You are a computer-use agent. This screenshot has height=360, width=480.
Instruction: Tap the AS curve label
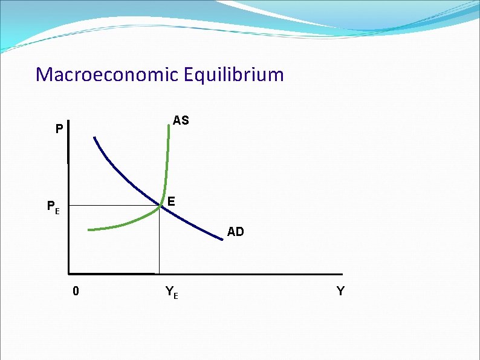coord(180,120)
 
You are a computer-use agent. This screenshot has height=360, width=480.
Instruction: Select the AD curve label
coord(235,232)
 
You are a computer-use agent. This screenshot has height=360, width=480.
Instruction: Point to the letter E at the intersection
coord(172,201)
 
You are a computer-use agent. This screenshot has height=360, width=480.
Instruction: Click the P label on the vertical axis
coord(59,129)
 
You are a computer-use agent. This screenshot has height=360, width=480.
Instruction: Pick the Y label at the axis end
coord(340,292)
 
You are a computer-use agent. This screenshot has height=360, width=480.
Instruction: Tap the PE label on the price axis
coord(54,208)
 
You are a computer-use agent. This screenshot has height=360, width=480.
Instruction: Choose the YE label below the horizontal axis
coord(171,293)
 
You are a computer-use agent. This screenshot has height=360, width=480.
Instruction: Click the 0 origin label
coord(75,292)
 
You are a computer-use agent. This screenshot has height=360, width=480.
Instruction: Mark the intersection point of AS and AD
coord(161,206)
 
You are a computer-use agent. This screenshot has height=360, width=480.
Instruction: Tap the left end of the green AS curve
coord(89,230)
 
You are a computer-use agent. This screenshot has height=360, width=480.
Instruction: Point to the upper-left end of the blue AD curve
coord(94,137)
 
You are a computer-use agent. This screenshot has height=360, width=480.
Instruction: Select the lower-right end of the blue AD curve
coord(221,240)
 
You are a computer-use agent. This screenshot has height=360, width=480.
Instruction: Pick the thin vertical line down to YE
coord(159,242)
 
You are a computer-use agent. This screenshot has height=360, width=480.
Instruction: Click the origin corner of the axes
coord(69,273)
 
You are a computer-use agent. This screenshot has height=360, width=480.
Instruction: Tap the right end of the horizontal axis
coord(342,273)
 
